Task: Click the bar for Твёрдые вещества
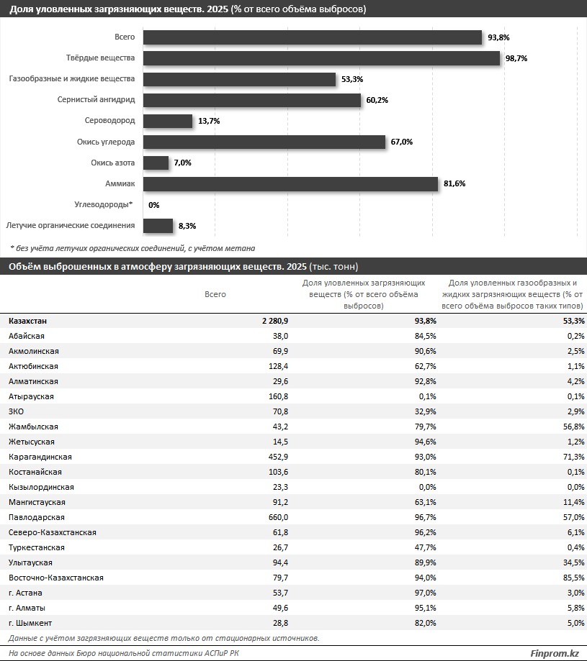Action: coord(321,58)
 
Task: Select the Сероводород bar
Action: coord(168,121)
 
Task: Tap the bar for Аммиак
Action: coord(291,184)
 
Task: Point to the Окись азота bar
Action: coord(156,163)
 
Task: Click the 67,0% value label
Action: coord(402,142)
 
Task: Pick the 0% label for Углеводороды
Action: coord(154,205)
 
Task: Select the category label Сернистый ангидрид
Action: coord(97,100)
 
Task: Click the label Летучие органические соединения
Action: coord(71,226)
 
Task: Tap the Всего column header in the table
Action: coord(215,294)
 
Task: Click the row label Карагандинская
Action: coord(40,457)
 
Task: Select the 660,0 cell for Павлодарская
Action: coord(279,517)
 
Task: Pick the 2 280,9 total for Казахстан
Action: coord(275,321)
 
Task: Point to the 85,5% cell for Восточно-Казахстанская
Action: coord(574,578)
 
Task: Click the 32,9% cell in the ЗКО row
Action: coord(426,411)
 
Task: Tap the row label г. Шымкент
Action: coord(30,623)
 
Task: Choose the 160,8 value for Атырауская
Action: coord(279,396)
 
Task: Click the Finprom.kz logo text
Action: coord(555,653)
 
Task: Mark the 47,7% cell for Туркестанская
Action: coord(426,547)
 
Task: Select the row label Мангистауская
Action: coord(37,502)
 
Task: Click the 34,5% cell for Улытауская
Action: coord(574,562)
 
